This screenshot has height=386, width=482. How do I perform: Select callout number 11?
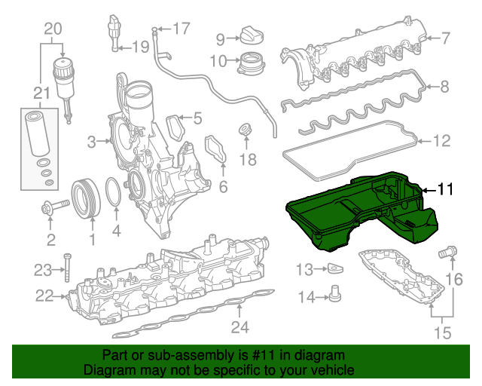pos(446,190)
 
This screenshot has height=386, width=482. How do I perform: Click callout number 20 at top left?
pos(53,29)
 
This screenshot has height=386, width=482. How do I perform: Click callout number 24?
pos(239,326)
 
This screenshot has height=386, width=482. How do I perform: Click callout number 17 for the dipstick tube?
pos(182,29)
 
